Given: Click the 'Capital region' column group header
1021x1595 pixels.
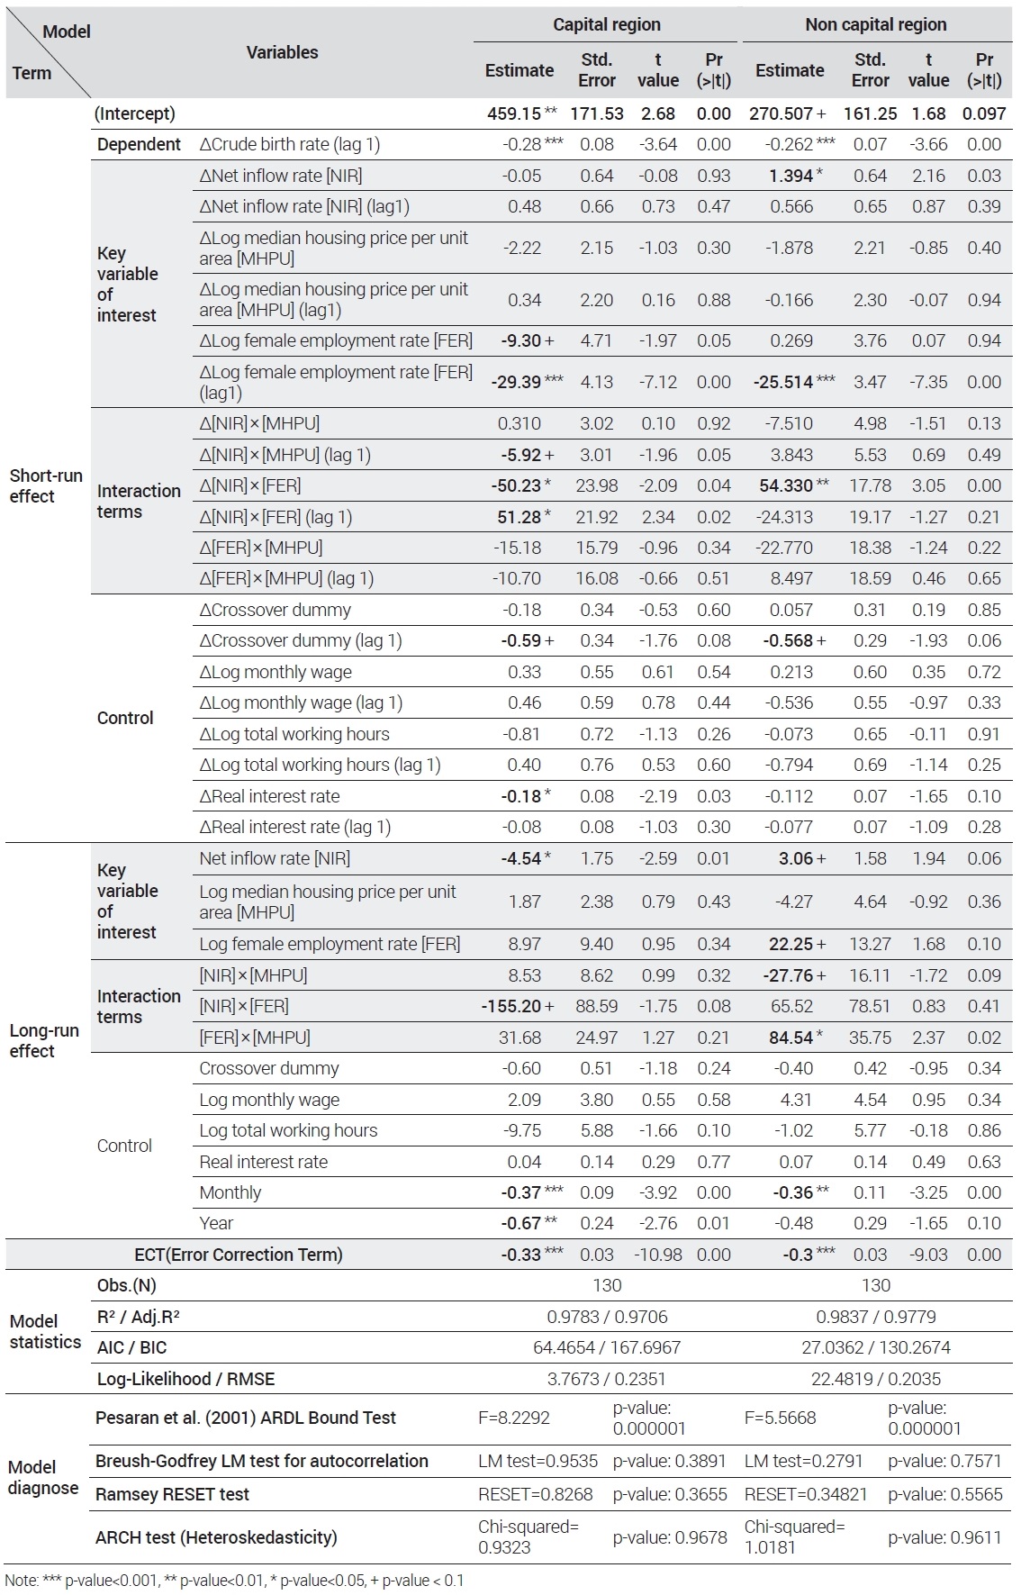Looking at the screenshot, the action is pos(606,25).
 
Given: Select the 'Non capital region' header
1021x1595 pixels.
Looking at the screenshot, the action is pos(875,25).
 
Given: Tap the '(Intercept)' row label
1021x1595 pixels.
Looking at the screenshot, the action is pos(135,113).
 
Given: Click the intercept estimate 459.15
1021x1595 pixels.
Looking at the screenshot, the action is pos(514,113).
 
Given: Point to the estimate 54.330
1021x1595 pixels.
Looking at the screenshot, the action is pos(786,485).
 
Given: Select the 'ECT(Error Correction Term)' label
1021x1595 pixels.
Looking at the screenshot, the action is pos(239,1255).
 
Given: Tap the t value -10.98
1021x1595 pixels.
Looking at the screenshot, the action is pos(658,1255).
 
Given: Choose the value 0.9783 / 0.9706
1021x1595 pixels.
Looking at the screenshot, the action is pos(608,1317).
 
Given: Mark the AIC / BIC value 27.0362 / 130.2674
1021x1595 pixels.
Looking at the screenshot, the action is pos(876,1347).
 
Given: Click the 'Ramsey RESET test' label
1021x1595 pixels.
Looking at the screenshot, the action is pos(172,1494).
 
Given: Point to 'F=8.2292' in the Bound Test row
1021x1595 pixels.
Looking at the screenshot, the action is pos(514,1418).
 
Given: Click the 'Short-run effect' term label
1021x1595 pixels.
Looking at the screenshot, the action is pos(46,485).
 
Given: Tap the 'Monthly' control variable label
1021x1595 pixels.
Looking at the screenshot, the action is pos(230,1192).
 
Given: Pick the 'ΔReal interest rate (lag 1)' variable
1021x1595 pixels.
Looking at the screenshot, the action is pos(295,827).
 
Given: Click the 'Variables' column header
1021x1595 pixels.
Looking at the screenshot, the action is pos(282,52).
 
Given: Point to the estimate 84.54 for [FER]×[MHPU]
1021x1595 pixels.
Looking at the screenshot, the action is pos(791,1038).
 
